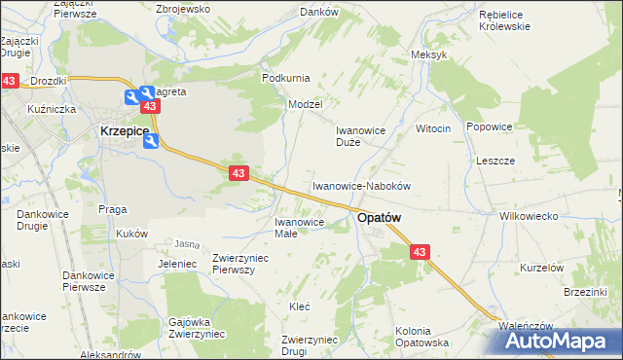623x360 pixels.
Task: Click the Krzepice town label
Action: pyautogui.click(x=123, y=129)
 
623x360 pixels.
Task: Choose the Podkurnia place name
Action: pyautogui.click(x=285, y=78)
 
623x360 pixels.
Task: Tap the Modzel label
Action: pyautogui.click(x=305, y=103)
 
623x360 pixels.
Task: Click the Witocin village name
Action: pyautogui.click(x=433, y=128)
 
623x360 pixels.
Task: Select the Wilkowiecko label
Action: pyautogui.click(x=526, y=217)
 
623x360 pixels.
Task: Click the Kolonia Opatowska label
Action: pyautogui.click(x=421, y=337)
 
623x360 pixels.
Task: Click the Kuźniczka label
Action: pyautogui.click(x=53, y=109)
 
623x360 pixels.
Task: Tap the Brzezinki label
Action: pyautogui.click(x=585, y=291)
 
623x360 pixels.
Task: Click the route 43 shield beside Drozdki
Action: pyautogui.click(x=9, y=82)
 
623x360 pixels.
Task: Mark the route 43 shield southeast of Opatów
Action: pyautogui.click(x=420, y=252)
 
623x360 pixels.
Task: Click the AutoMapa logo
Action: pyautogui.click(x=559, y=341)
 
